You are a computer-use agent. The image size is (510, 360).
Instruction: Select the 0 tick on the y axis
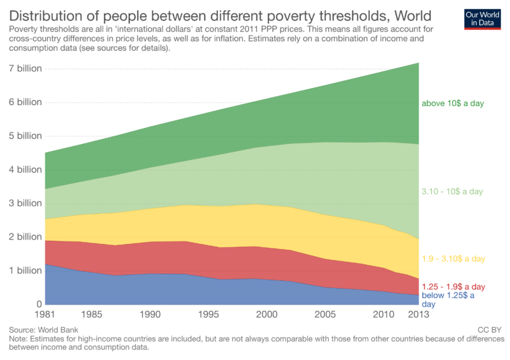pyautogui.click(x=38, y=304)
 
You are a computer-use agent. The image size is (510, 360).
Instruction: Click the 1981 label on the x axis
pyautogui.click(x=46, y=315)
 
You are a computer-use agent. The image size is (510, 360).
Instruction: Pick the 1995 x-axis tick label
pyautogui.click(x=208, y=315)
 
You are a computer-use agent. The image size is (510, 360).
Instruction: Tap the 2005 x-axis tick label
pyautogui.click(x=325, y=315)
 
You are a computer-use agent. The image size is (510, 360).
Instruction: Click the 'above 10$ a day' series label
pyautogui.click(x=453, y=103)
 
